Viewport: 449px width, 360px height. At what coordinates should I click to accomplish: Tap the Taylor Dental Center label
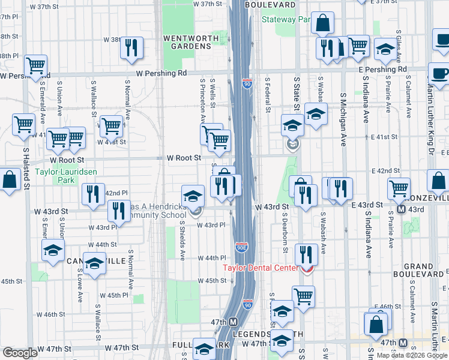click(x=261, y=268)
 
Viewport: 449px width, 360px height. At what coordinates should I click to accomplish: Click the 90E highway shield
click(x=241, y=247)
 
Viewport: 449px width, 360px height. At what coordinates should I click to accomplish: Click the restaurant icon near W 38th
click(x=131, y=47)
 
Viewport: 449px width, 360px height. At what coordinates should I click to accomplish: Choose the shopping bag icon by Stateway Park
click(x=323, y=24)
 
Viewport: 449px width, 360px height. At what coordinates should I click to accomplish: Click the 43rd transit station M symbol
click(x=403, y=210)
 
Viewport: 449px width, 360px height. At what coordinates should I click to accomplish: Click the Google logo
click(x=20, y=353)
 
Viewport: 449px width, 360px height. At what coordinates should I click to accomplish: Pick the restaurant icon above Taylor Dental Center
click(x=306, y=254)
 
